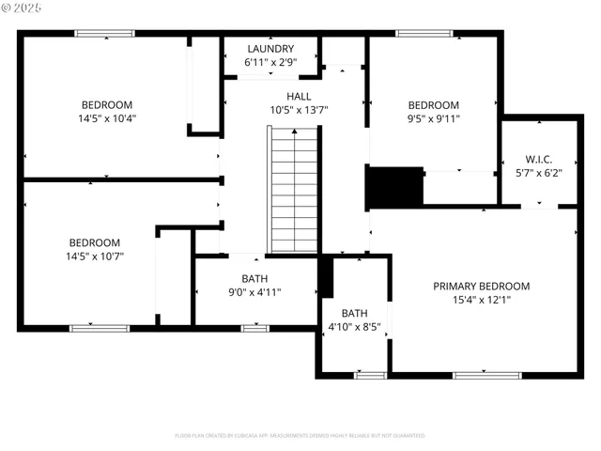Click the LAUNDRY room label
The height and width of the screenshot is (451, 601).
pos(270,49)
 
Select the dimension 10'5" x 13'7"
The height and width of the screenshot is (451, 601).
pos(299,110)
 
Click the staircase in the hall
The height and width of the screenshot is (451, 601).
pos(293,189)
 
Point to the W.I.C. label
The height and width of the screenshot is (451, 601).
pos(539,159)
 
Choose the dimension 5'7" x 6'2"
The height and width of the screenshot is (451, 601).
pos(539,173)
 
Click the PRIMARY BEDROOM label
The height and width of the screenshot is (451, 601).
pos(481,287)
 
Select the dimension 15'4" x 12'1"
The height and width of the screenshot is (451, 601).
pos(481,301)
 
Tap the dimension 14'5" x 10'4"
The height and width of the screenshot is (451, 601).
pos(106,118)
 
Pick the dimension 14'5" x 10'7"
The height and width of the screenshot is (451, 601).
pos(94,256)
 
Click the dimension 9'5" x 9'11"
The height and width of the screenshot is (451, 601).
pos(433,118)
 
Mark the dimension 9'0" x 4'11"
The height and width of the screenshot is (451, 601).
pos(254,292)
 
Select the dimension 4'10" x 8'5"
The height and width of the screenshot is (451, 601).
pos(354,327)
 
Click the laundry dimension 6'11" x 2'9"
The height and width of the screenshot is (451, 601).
pos(270,62)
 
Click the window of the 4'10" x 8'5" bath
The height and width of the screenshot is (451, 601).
pos(370,376)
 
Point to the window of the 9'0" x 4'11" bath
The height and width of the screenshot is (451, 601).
pos(254,328)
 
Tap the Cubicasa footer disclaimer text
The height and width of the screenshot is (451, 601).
pos(300,435)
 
